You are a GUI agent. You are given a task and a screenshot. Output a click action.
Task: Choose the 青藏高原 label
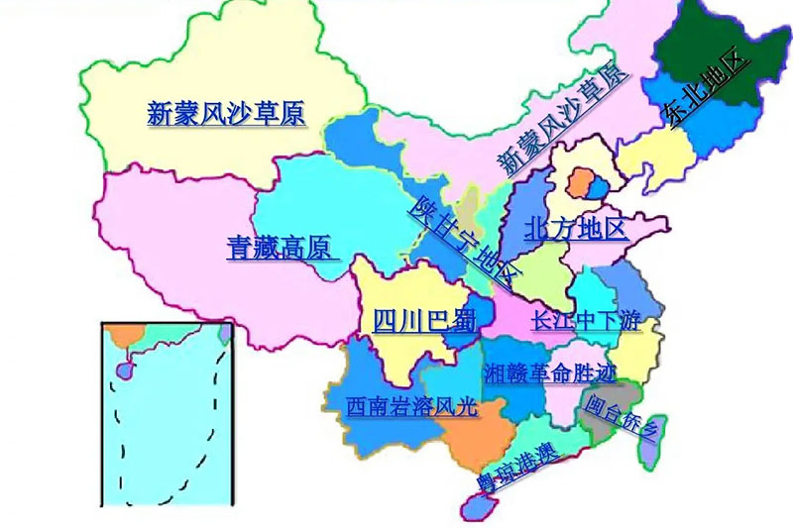pos(279,248)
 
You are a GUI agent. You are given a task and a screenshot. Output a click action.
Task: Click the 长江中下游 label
pos(586,321)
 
